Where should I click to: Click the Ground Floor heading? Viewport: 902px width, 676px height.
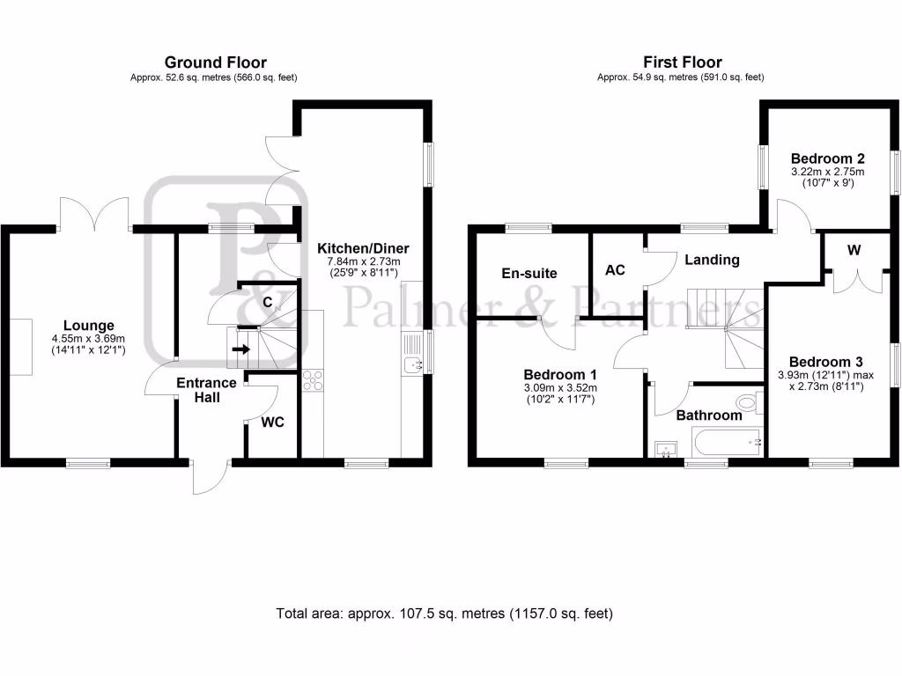[x=215, y=62]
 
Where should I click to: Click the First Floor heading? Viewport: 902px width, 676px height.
[x=681, y=62]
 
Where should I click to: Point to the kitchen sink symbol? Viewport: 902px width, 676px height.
[x=413, y=364]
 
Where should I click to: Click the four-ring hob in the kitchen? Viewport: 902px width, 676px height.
[x=313, y=379]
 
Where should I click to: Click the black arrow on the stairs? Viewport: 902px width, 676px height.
[x=240, y=350]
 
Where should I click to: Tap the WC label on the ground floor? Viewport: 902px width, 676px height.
[x=272, y=422]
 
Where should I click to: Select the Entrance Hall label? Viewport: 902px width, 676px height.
[x=206, y=390]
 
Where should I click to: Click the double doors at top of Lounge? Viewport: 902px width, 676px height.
[x=95, y=213]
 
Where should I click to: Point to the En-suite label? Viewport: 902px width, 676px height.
[x=529, y=273]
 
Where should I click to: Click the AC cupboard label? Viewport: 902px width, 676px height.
[x=615, y=270]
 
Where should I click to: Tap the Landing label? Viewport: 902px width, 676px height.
[x=712, y=260]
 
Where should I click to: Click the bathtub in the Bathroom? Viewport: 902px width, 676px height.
[x=728, y=440]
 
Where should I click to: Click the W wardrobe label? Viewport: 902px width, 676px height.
[x=853, y=250]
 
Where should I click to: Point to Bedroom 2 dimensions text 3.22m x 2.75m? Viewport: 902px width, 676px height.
[x=827, y=173]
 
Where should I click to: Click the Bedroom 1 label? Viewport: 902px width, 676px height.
[x=559, y=373]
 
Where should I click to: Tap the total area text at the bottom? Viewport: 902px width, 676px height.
[x=444, y=614]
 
